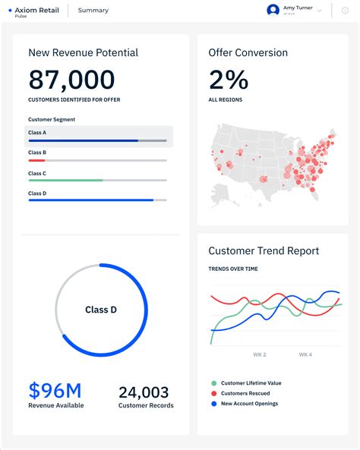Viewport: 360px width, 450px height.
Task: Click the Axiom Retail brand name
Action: coord(36,10)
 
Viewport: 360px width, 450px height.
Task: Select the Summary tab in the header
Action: coord(93,11)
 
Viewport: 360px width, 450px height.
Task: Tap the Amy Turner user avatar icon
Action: coord(273,11)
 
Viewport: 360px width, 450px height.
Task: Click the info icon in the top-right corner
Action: coord(346,11)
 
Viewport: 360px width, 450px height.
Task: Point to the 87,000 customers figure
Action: coord(71,80)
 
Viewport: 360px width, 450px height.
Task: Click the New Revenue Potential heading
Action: coord(83,53)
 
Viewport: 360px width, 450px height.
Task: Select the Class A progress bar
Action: coord(97,140)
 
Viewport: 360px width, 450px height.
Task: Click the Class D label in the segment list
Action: coord(37,194)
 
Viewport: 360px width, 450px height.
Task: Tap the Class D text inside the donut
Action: coord(101,310)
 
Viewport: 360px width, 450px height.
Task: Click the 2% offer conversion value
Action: coord(228,80)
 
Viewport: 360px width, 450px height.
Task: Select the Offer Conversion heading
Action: coord(248,53)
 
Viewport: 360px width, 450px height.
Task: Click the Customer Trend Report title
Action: coord(264,251)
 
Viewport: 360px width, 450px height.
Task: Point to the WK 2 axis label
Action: coord(260,354)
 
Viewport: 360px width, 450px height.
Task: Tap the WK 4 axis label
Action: coord(305,354)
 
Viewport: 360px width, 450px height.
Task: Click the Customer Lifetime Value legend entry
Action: coord(251,383)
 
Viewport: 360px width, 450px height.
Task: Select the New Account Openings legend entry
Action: coord(249,403)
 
